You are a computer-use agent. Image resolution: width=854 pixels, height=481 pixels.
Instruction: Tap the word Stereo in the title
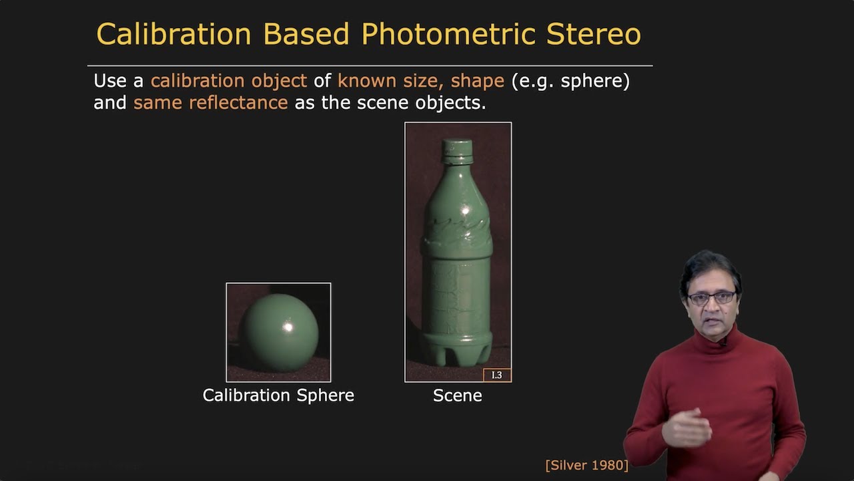[593, 34]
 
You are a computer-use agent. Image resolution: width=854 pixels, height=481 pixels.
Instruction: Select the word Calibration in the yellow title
[173, 34]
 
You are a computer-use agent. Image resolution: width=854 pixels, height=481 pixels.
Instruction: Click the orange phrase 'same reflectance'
[211, 103]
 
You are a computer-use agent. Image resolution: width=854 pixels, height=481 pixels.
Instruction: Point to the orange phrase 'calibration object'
[228, 81]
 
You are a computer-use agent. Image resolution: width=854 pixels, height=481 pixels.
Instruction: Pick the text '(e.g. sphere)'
[570, 81]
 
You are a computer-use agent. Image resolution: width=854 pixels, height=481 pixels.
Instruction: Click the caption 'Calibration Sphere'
[278, 395]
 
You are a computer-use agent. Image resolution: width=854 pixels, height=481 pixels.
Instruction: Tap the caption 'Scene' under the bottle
[457, 395]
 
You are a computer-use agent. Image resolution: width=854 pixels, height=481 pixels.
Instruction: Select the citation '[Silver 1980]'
[586, 465]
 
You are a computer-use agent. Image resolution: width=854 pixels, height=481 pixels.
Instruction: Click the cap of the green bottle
[458, 151]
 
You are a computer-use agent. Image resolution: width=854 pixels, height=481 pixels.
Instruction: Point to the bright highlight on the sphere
[288, 327]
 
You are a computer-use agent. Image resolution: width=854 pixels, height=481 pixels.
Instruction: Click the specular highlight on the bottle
[466, 212]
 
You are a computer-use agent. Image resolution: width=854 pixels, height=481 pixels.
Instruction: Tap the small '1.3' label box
[497, 375]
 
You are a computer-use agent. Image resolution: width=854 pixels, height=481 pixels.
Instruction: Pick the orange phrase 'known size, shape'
[420, 81]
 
